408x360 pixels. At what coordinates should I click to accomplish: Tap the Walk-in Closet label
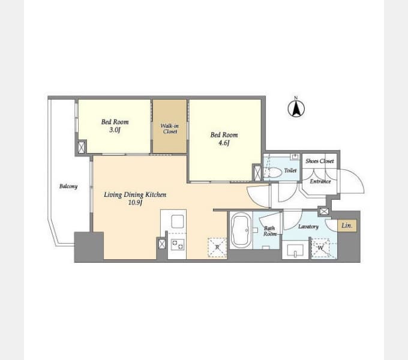pos(170,128)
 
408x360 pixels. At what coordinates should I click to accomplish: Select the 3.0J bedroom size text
pos(115,130)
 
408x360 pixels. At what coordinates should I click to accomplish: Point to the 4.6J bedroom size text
pos(224,143)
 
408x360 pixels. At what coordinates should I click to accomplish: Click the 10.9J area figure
pos(135,203)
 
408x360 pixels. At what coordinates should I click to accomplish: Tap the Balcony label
pos(68,186)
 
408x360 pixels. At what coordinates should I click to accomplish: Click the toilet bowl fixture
pos(273,172)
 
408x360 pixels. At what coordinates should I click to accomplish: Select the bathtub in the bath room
pos(241,230)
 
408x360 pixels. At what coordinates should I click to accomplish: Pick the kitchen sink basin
pos(178,221)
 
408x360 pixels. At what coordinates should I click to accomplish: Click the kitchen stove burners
pos(178,245)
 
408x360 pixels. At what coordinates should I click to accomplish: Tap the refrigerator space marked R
pos(217,248)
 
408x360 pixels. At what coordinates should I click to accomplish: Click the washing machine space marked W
pos(320,248)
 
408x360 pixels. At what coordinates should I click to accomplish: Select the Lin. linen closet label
pos(347,226)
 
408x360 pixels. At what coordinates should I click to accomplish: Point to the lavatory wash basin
pos(295,250)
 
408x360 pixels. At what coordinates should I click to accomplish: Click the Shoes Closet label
pos(320,161)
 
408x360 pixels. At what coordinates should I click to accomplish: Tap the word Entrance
pos(320,181)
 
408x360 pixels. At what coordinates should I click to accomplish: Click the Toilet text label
pos(290,170)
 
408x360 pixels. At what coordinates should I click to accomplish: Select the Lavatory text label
pos(308,227)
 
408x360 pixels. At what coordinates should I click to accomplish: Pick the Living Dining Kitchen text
pos(135,194)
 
